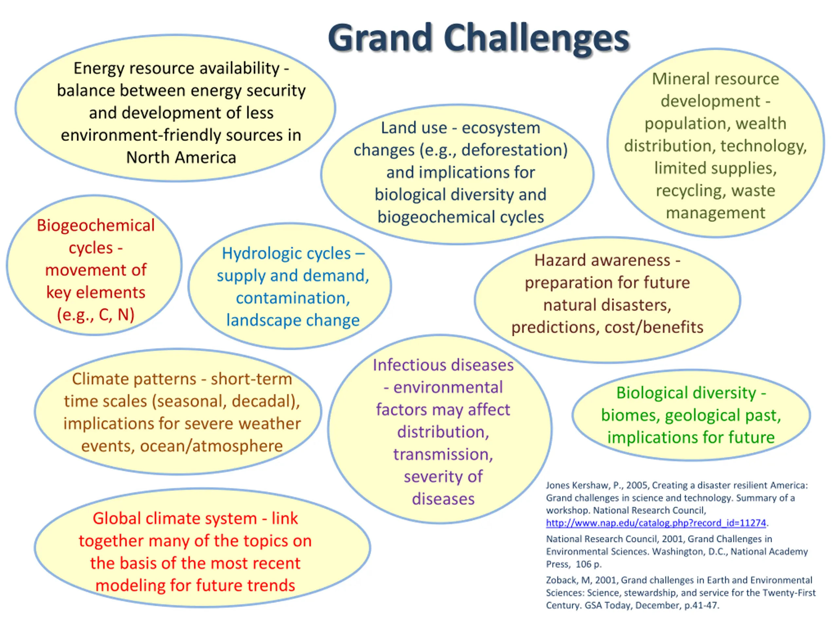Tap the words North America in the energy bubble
181,157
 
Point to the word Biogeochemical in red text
96,226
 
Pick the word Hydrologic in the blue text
286,253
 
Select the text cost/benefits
654,327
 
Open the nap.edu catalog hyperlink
656,523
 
